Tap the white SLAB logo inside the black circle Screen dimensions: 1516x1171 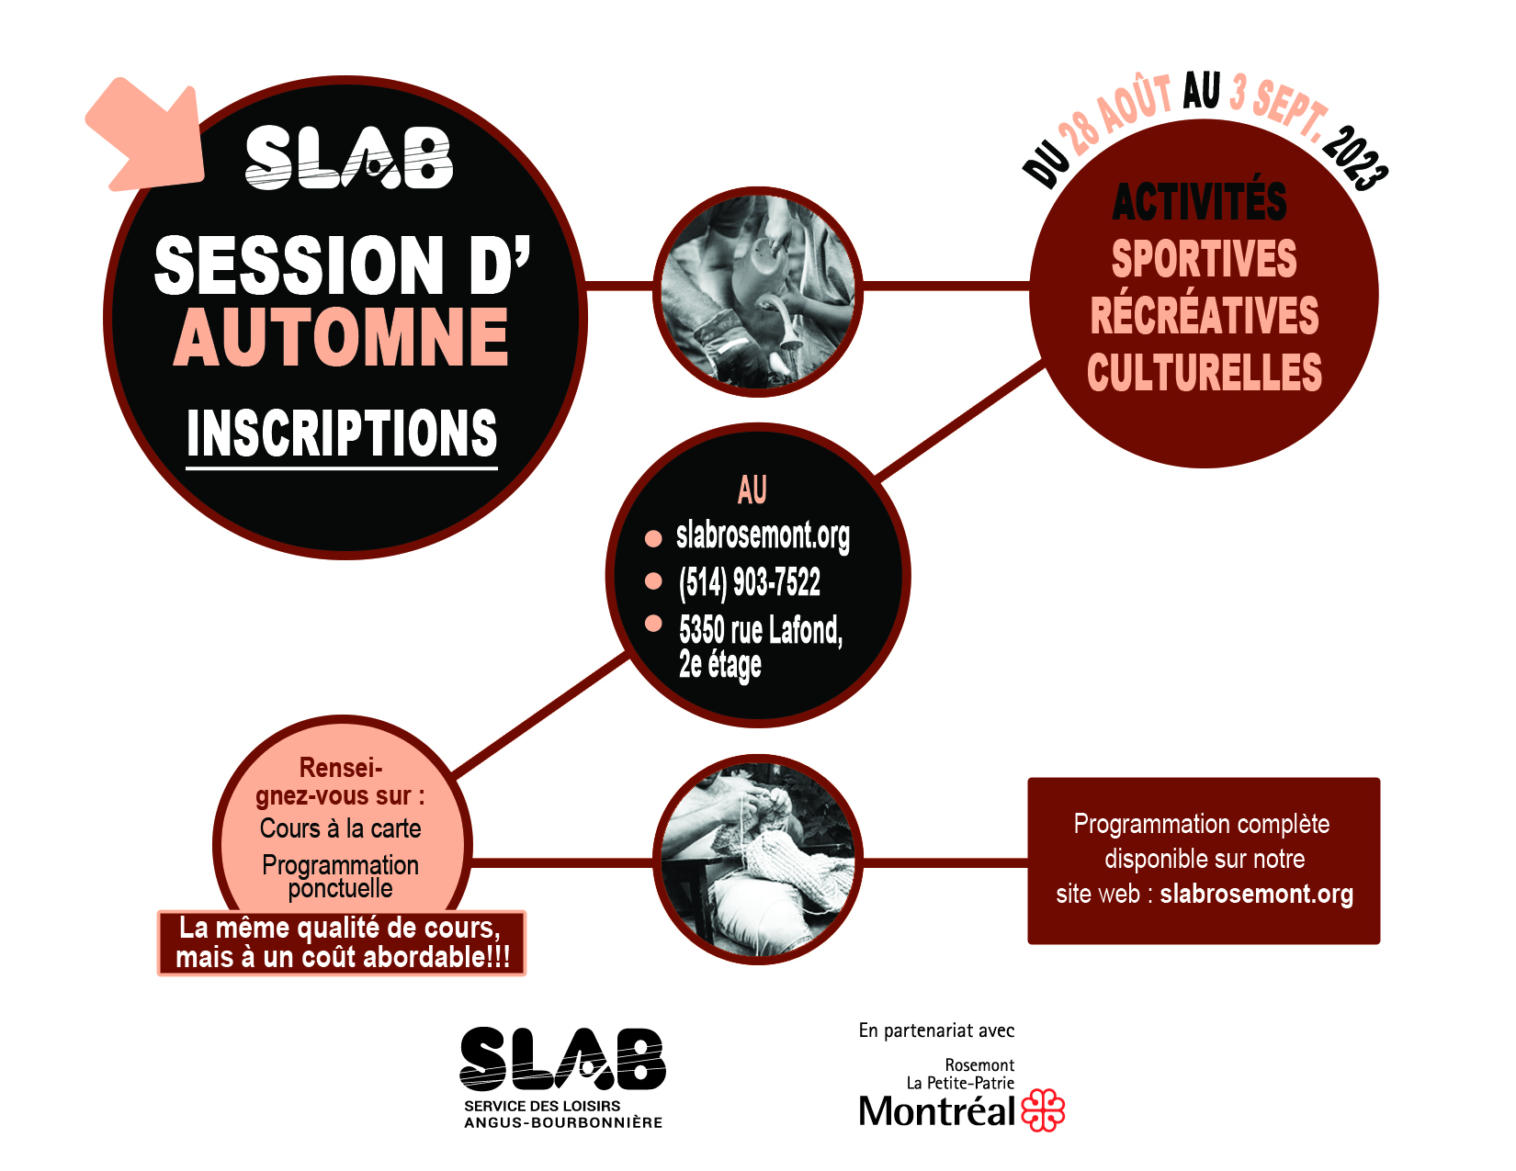pos(349,158)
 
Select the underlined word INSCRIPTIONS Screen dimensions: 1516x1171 pos(342,433)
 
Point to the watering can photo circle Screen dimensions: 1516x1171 pos(758,291)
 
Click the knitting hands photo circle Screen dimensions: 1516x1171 pos(758,860)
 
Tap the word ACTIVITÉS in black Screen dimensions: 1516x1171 pos(1199,201)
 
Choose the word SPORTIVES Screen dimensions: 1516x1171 pos(1205,259)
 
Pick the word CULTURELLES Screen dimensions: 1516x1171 pos(1205,372)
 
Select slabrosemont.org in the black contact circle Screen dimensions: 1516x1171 pos(763,536)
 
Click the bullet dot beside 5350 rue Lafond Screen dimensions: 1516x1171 pos(653,623)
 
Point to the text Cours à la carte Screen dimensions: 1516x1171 pos(341,828)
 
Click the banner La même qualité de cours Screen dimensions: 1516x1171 pos(342,943)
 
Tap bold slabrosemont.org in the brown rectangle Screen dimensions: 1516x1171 pos(1257,894)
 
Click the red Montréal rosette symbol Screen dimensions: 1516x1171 pos(1043,1109)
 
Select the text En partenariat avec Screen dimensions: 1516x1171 pos(936,1030)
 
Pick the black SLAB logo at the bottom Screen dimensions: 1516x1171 pos(562,1059)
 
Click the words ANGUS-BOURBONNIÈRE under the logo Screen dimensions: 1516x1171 pos(563,1122)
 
